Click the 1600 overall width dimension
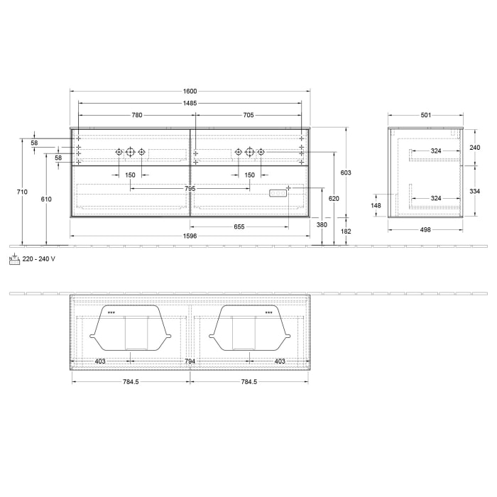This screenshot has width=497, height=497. [x=190, y=91]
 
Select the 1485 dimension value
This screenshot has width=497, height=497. [x=190, y=103]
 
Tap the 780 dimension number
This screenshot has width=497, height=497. [x=137, y=115]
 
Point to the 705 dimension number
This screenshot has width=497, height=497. [x=248, y=115]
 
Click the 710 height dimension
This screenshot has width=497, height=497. [x=22, y=192]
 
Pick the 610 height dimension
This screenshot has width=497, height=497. [x=46, y=200]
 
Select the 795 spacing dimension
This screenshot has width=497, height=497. [x=190, y=189]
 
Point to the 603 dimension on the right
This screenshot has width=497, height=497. [x=346, y=173]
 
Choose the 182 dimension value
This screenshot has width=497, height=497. [x=346, y=231]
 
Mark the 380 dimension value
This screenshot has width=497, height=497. [x=322, y=224]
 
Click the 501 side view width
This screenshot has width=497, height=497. [x=426, y=115]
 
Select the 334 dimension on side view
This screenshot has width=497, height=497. [x=476, y=191]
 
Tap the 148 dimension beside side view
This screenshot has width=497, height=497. [x=376, y=206]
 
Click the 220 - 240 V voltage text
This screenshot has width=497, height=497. [x=40, y=259]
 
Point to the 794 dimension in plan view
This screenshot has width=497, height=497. [x=190, y=361]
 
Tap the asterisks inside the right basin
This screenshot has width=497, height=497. [x=269, y=312]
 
